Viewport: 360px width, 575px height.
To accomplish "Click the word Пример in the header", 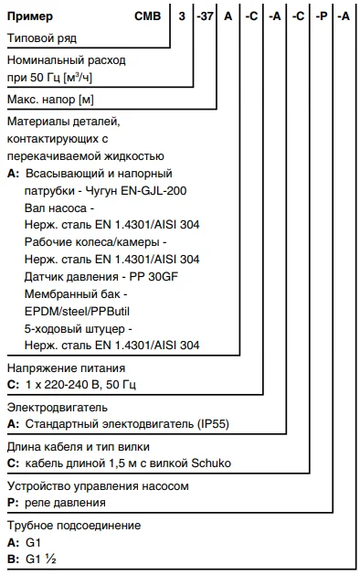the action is click(30, 16).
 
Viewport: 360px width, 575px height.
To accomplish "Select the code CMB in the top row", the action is click(148, 16).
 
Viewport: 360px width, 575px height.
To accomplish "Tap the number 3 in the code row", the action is click(183, 16).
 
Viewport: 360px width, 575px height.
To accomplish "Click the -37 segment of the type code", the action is click(205, 16).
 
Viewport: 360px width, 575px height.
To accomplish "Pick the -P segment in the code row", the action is click(319, 16).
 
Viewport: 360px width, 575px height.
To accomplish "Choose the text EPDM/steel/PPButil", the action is click(77, 311).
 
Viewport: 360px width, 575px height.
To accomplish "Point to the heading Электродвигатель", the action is click(57, 406).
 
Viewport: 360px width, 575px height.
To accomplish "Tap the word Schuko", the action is click(211, 463).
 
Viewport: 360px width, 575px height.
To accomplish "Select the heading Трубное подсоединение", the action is click(74, 526).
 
